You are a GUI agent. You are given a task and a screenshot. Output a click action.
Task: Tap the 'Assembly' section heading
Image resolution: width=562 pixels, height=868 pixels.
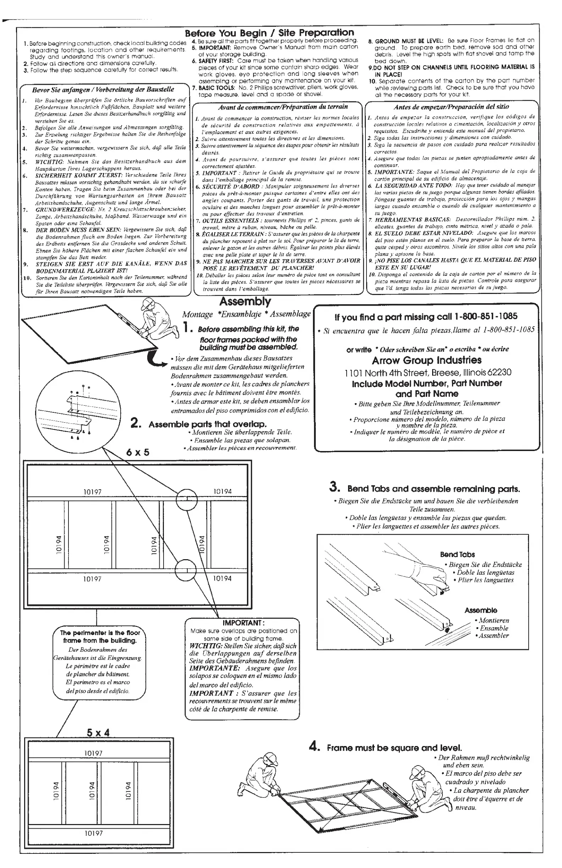point(245,302)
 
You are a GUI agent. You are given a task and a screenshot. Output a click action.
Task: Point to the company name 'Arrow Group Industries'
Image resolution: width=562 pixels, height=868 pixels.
point(426,360)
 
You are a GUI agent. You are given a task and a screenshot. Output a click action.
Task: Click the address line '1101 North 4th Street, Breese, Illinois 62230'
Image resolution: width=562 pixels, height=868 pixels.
point(428,372)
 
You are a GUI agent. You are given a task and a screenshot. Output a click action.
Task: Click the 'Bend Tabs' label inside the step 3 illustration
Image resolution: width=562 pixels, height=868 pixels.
point(457,554)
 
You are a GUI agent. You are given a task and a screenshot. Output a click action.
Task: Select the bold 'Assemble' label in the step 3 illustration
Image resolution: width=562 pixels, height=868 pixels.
point(481,610)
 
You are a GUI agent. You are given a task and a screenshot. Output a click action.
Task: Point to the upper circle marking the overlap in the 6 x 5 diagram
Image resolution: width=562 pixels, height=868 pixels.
point(187,499)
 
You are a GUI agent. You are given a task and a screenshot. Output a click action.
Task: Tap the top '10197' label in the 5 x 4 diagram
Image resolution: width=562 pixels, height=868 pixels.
point(94,753)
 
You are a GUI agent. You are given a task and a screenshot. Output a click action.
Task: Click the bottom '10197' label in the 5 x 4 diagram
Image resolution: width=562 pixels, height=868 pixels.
point(94,833)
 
